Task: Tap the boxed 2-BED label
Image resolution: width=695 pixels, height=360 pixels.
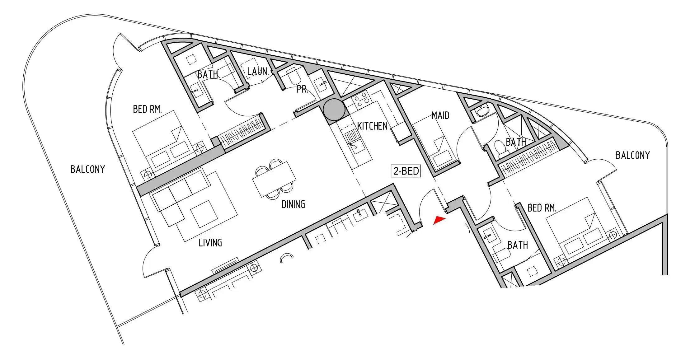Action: click(406, 171)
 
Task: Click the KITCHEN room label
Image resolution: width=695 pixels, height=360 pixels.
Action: click(372, 126)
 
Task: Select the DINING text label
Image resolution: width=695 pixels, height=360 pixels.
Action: click(293, 204)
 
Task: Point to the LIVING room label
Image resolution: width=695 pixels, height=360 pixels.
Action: click(210, 243)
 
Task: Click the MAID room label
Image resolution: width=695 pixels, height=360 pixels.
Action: click(440, 116)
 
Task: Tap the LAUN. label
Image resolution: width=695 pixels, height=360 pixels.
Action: click(258, 71)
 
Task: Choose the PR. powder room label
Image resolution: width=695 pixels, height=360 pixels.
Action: click(302, 89)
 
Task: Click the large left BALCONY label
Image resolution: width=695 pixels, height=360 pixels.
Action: click(88, 169)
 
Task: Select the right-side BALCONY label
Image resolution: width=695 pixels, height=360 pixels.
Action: click(633, 155)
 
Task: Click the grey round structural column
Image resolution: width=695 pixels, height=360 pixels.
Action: click(334, 110)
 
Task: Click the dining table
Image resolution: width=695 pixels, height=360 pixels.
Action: click(274, 179)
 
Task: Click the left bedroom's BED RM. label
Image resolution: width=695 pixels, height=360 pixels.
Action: click(147, 109)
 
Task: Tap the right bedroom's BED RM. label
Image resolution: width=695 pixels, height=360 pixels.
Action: click(542, 208)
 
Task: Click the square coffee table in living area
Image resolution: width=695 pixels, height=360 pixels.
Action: click(204, 214)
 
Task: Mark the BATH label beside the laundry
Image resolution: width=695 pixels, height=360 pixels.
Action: click(208, 75)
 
